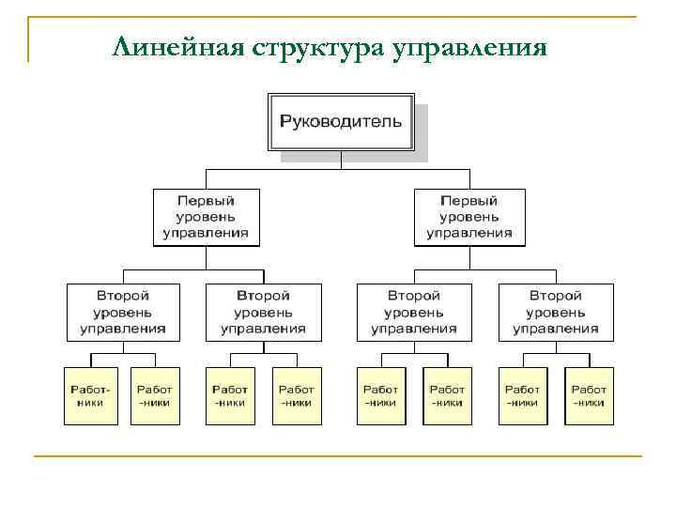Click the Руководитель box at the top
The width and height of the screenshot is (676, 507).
pyautogui.click(x=341, y=121)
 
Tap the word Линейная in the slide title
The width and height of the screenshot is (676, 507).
pyautogui.click(x=177, y=46)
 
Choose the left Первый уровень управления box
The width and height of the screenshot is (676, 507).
pyautogui.click(x=206, y=217)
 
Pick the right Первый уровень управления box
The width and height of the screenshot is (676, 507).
pyautogui.click(x=469, y=217)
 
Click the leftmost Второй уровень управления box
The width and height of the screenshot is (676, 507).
pyautogui.click(x=122, y=312)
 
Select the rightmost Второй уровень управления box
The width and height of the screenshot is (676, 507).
pyautogui.click(x=556, y=312)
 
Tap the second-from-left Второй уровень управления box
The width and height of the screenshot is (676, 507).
pyautogui.click(x=263, y=312)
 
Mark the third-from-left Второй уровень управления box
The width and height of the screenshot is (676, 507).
pyautogui.click(x=413, y=312)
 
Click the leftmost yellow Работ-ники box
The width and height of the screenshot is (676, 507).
pyautogui.click(x=91, y=395)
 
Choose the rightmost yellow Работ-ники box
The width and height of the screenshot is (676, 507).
pyautogui.click(x=589, y=395)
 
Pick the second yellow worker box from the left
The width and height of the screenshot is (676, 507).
pyautogui.click(x=155, y=395)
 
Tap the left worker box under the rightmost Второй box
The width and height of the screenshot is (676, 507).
pyautogui.click(x=522, y=395)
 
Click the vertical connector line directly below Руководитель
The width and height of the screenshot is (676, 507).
pyautogui.click(x=341, y=161)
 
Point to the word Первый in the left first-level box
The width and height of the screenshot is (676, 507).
pyautogui.click(x=206, y=201)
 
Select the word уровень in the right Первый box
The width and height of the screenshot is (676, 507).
pyautogui.click(x=469, y=217)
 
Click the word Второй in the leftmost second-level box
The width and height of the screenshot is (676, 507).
pyautogui.click(x=122, y=296)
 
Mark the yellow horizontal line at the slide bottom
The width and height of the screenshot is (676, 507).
pyautogui.click(x=338, y=456)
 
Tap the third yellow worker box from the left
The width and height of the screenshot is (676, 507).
pyautogui.click(x=230, y=395)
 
